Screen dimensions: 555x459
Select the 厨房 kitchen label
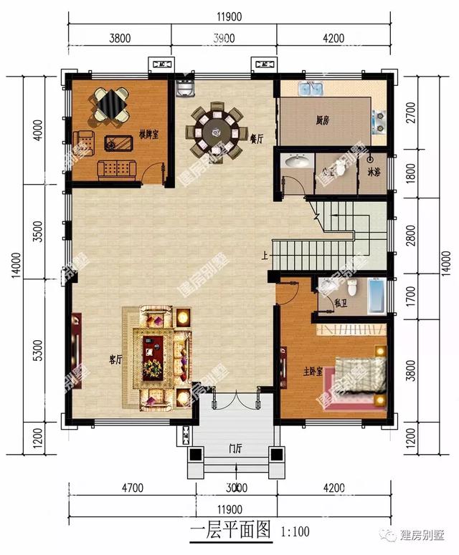tap(322, 121)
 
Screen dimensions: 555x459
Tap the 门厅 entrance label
tap(235, 449)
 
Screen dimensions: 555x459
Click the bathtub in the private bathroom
tap(375, 296)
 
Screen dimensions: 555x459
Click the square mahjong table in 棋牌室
tap(110, 105)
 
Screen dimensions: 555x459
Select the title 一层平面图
tap(230, 531)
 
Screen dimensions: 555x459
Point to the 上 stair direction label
tap(266, 254)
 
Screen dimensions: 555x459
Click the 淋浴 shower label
tap(374, 172)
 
